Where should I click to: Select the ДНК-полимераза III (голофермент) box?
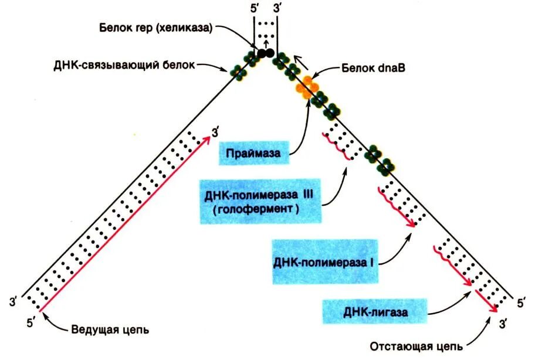(x=260, y=201)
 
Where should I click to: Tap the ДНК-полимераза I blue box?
(x=324, y=261)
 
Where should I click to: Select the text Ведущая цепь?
(x=110, y=329)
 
